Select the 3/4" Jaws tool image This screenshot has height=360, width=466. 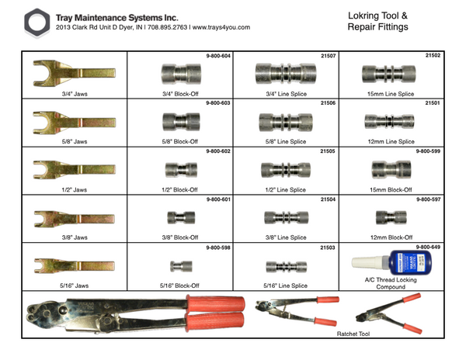[73, 74]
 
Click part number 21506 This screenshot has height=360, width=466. [328, 103]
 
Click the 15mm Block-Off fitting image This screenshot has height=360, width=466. [382, 168]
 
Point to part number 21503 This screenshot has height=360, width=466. [328, 247]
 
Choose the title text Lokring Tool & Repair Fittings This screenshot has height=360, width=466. [383, 21]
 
